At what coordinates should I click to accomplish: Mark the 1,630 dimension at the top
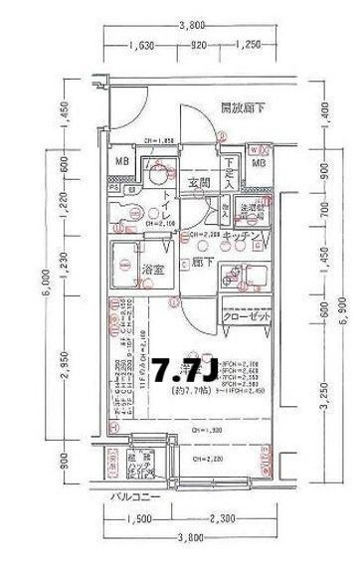pyautogui.click(x=145, y=45)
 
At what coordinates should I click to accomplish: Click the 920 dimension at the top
pyautogui.click(x=198, y=45)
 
